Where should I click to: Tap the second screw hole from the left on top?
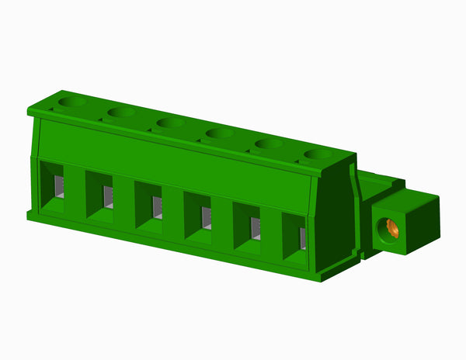(122, 112)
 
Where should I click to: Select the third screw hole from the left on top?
(170, 123)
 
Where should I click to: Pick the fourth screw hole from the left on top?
(220, 133)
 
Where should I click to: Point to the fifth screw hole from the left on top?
(269, 144)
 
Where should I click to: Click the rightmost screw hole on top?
(318, 154)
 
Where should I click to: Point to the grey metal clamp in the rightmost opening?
(302, 237)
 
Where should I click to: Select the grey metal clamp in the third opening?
(157, 207)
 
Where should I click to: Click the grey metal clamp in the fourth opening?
(206, 217)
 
